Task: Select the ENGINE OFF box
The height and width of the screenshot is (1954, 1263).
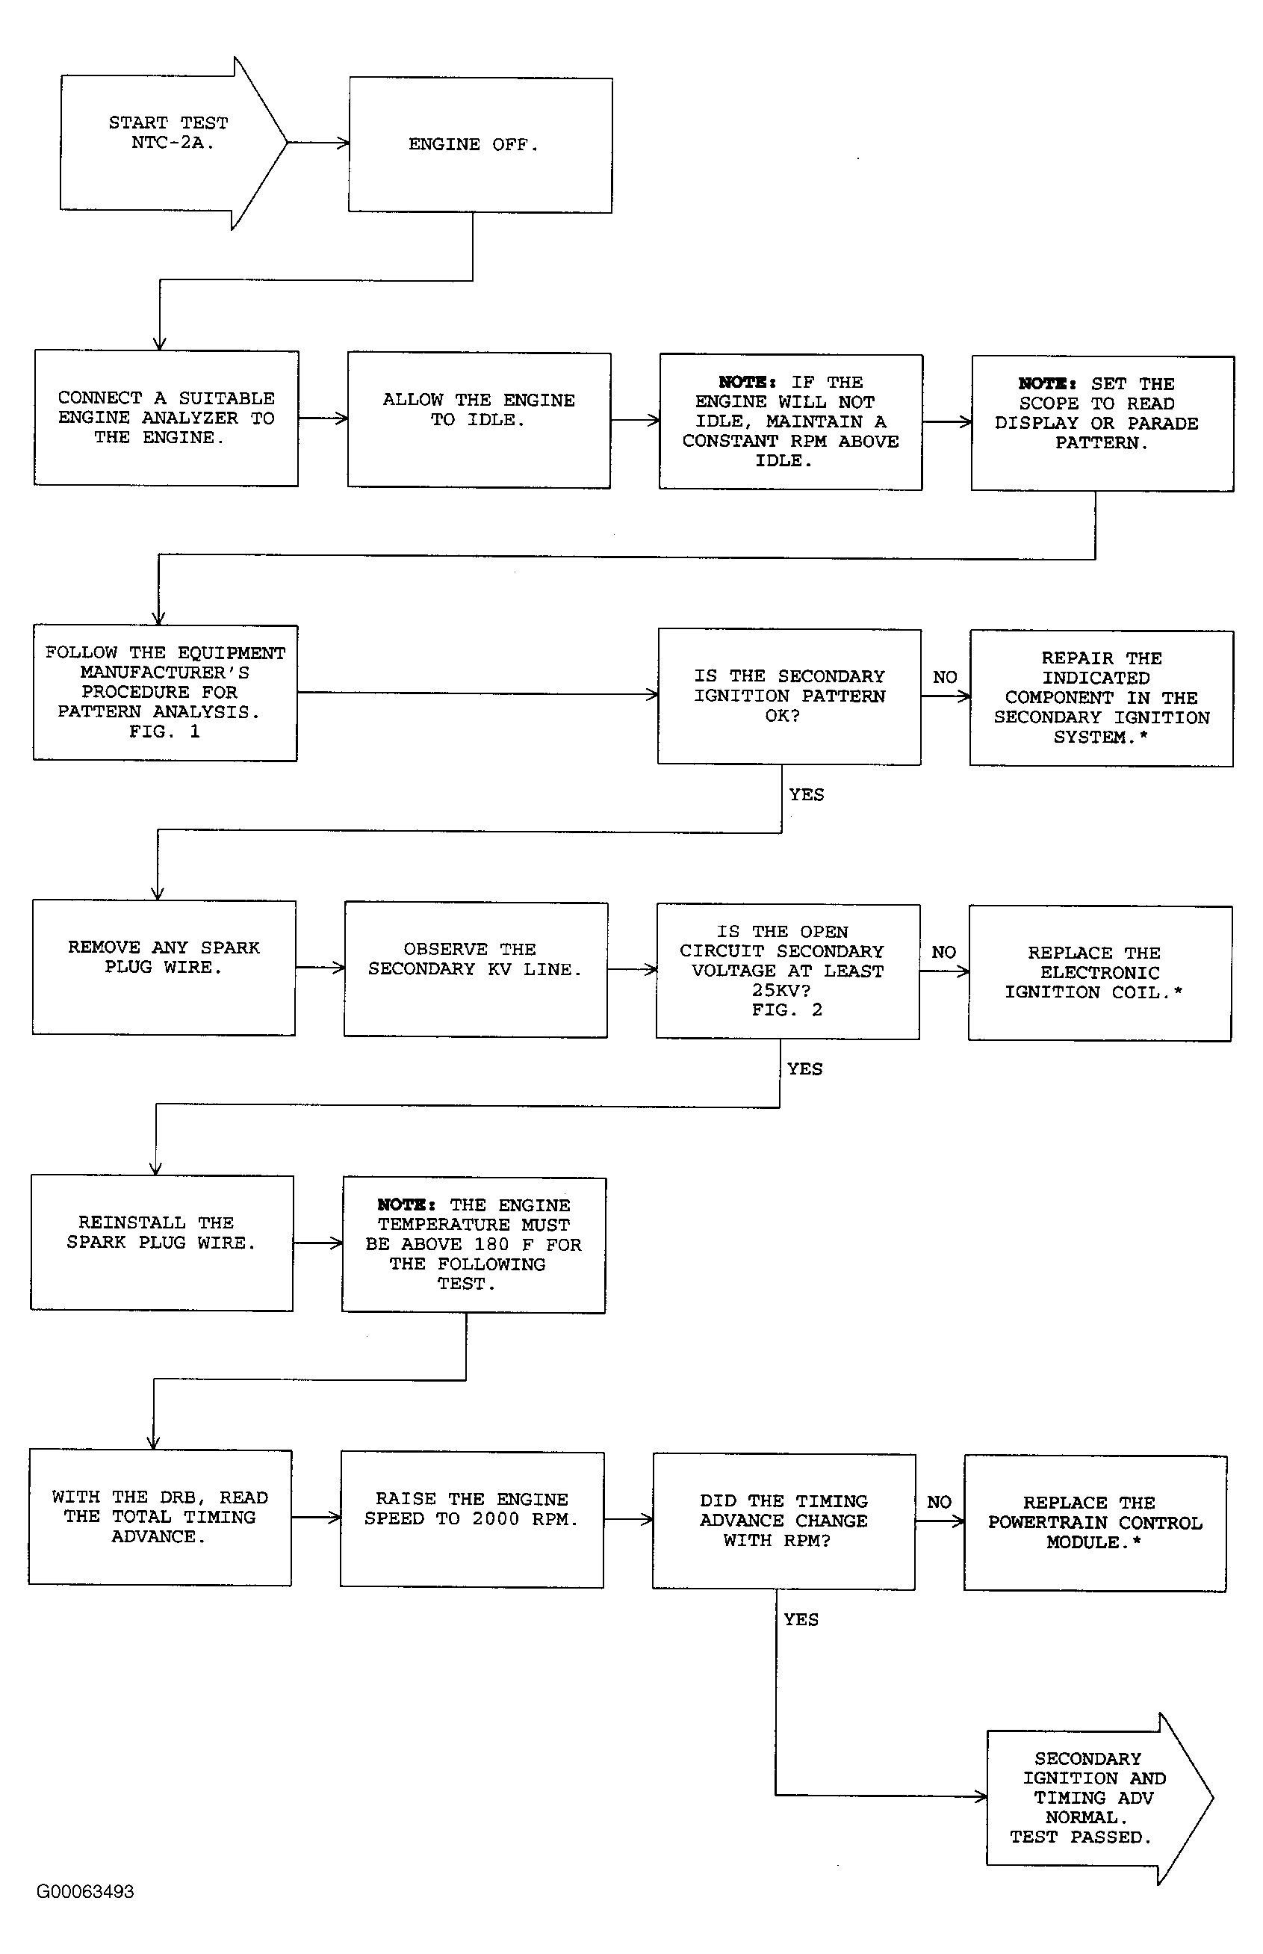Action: point(480,145)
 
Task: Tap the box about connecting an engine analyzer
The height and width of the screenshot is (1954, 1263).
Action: point(167,418)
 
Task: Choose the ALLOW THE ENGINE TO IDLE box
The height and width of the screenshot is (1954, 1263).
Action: point(479,421)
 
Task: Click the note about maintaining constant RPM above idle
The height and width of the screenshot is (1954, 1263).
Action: point(792,422)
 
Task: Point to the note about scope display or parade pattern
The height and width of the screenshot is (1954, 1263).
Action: point(1103,423)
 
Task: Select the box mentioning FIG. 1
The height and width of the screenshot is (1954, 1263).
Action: point(165,693)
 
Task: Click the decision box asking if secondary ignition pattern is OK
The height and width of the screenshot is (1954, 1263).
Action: point(789,696)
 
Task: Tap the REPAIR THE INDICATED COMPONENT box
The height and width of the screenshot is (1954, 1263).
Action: point(1102,698)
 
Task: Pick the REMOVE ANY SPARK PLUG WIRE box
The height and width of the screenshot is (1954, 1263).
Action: point(164,968)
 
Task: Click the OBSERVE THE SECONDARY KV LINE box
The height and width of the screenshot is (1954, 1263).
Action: point(476,970)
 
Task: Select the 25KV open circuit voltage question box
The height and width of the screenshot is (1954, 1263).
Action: point(788,971)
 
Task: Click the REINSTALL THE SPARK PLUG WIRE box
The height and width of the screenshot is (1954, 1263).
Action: point(162,1243)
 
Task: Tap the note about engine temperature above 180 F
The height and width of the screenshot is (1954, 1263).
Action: point(474,1245)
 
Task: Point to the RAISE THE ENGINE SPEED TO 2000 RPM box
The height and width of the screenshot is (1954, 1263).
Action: point(472,1520)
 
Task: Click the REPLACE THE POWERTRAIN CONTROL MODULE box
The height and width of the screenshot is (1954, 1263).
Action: point(1096,1524)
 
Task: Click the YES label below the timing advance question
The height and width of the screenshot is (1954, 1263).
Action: point(801,1619)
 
